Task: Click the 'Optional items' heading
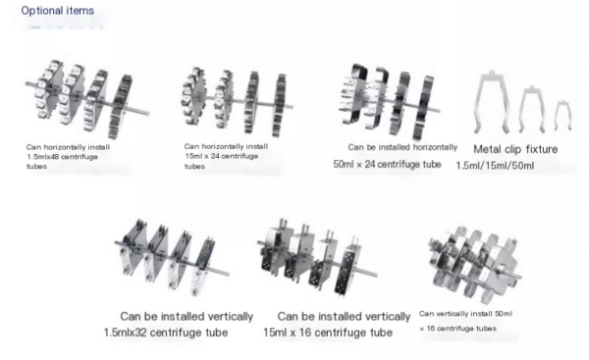tap(58, 11)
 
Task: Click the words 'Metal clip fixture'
tap(515, 149)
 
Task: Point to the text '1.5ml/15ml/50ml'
tap(495, 166)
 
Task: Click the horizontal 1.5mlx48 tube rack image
tap(87, 98)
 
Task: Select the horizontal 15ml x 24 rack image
tap(238, 101)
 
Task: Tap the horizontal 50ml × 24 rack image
tap(390, 101)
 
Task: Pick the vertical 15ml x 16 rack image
tap(317, 257)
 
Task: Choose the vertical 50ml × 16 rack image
tap(474, 264)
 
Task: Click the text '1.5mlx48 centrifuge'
tap(63, 157)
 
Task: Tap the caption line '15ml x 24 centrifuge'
tap(221, 156)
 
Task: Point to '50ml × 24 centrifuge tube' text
tap(387, 165)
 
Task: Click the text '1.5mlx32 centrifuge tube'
tap(166, 333)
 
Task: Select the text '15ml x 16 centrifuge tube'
tap(328, 333)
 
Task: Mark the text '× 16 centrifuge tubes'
tap(457, 329)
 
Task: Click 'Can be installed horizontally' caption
tap(402, 147)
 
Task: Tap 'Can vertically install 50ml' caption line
tap(465, 314)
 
